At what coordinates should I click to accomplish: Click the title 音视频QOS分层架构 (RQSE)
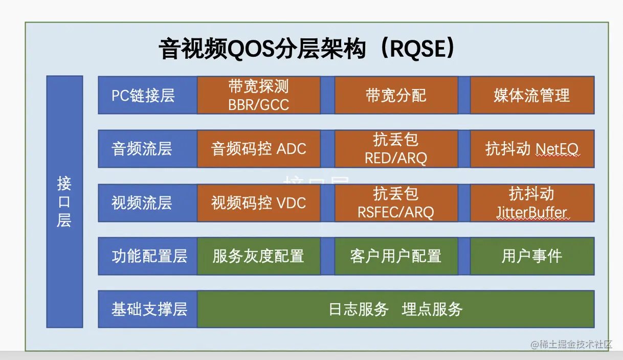(307, 50)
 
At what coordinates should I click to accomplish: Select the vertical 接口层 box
(64, 201)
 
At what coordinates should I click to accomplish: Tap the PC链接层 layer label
(143, 95)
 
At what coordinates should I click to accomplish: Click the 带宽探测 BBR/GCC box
(259, 95)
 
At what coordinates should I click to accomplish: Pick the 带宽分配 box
(396, 95)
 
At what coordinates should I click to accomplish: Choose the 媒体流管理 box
(532, 95)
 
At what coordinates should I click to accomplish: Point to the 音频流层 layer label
(142, 149)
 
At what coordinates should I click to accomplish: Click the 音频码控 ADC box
(259, 149)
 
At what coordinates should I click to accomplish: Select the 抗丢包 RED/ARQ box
(396, 149)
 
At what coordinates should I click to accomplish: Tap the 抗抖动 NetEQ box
(532, 149)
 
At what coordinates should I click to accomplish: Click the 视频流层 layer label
(142, 203)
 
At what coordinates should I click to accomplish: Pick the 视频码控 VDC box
(259, 203)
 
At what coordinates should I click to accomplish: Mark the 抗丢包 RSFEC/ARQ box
(396, 203)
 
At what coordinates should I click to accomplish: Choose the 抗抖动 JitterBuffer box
(532, 203)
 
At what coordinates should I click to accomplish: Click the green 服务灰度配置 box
(259, 256)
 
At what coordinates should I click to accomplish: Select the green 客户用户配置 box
(396, 256)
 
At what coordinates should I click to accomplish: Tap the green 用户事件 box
(532, 256)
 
